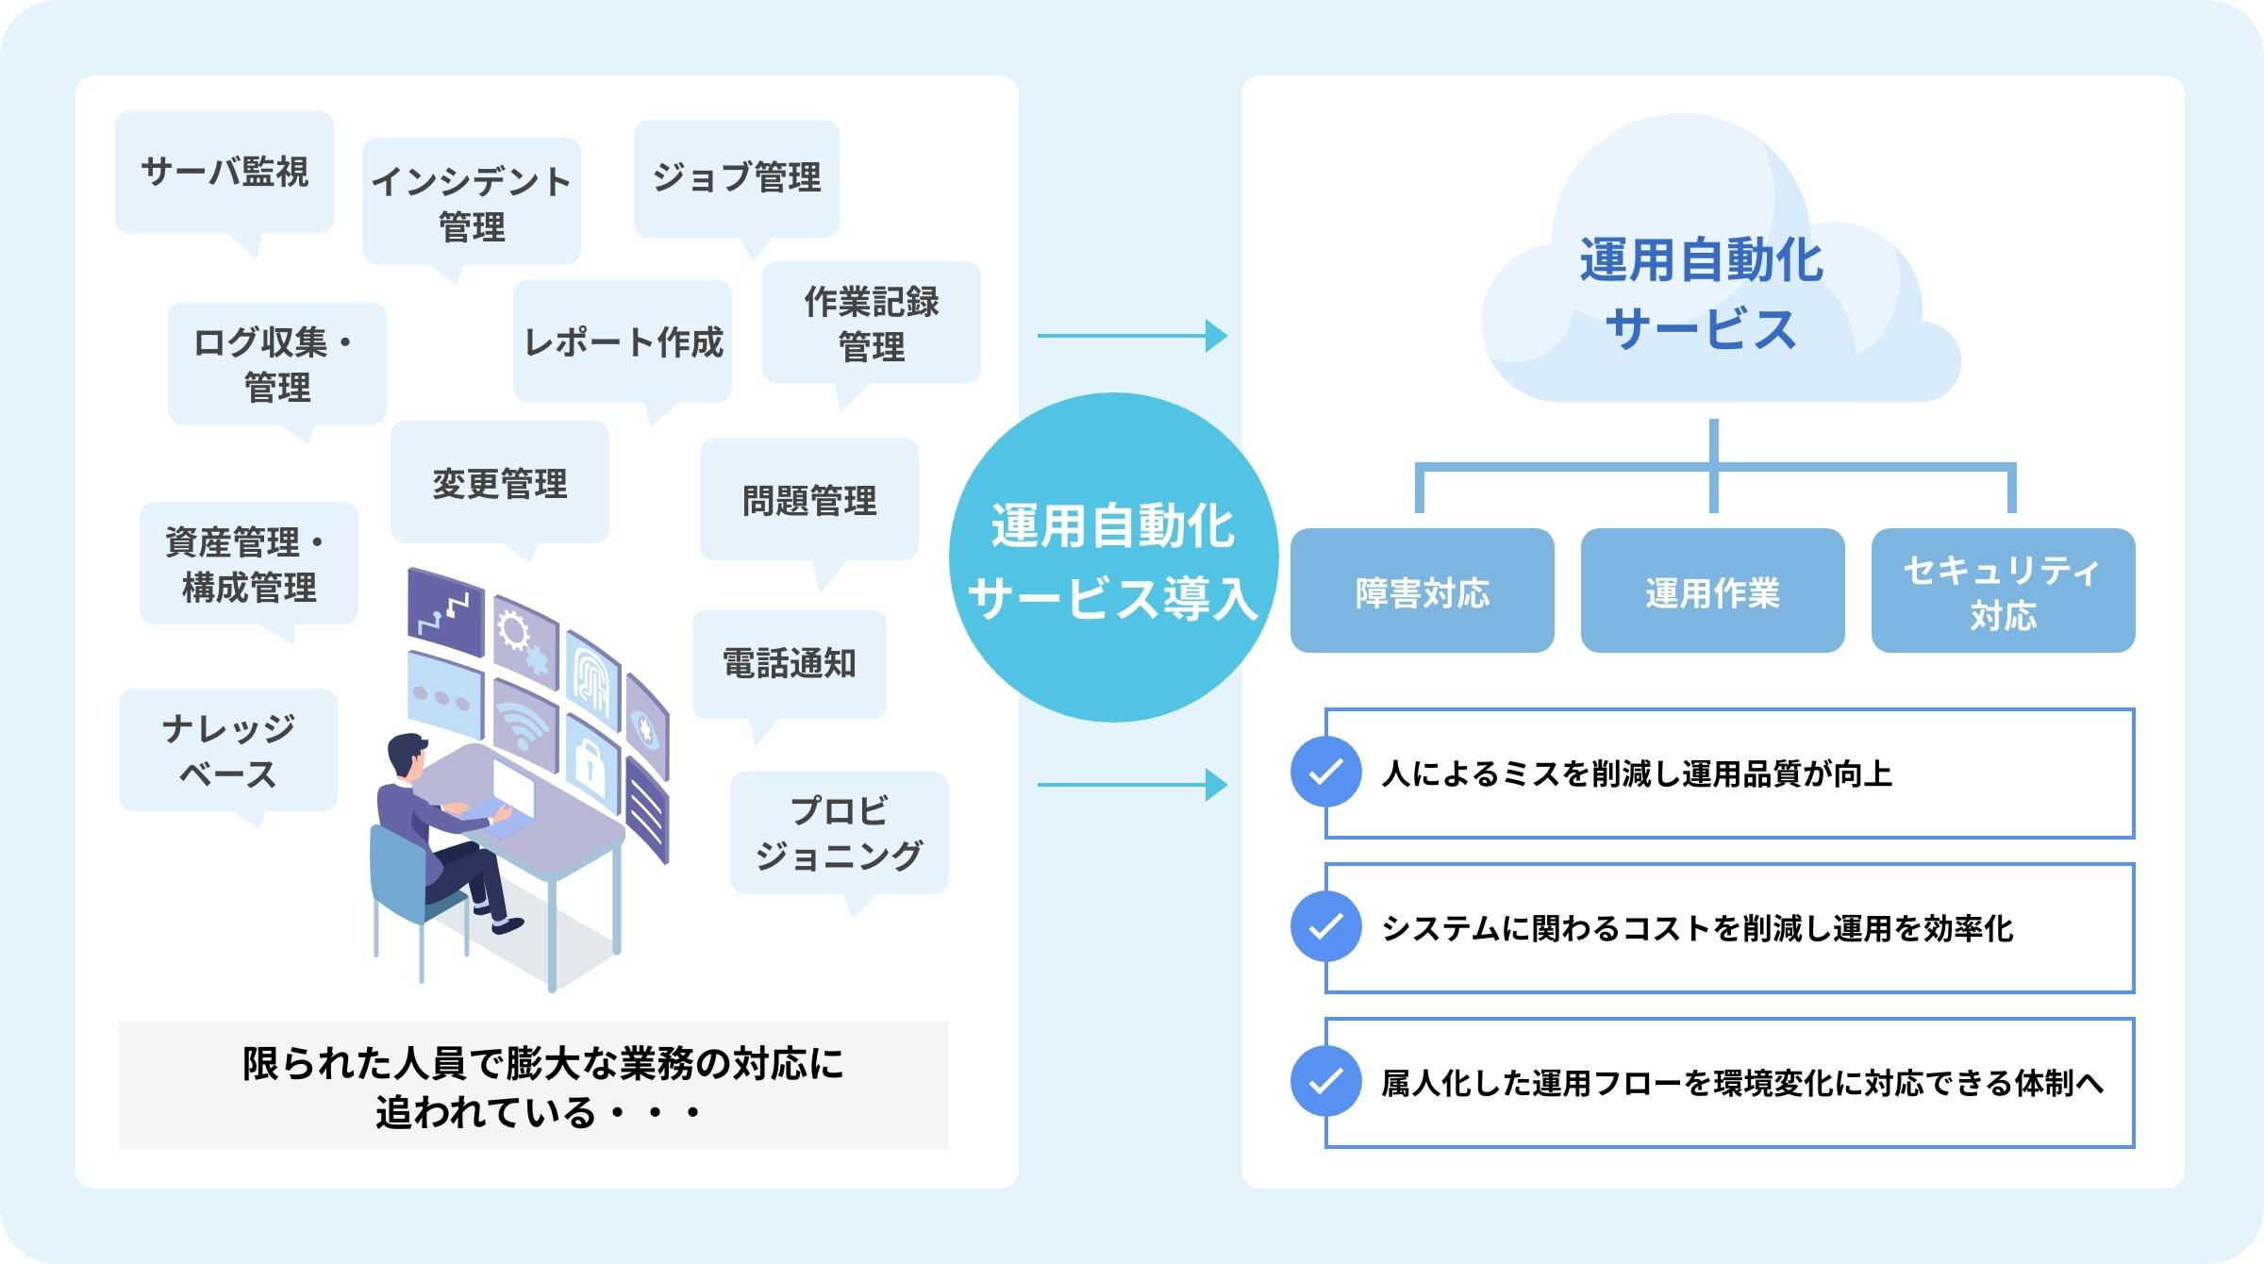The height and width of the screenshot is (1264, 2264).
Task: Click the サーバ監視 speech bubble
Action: tap(225, 172)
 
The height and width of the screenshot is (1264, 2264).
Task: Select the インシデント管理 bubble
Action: tap(472, 202)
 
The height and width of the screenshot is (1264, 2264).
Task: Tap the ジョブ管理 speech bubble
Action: tap(736, 177)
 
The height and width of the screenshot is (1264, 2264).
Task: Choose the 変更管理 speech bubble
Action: tap(500, 483)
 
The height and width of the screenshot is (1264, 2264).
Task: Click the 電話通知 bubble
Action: tap(789, 664)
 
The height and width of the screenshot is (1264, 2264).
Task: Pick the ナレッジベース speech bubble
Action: tap(228, 751)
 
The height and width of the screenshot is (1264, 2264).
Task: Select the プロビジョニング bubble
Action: tap(839, 833)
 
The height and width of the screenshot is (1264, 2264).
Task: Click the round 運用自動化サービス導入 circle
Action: tap(1113, 558)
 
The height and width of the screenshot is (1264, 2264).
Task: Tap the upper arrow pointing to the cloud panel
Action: tap(1132, 336)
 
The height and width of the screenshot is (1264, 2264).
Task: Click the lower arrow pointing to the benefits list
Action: tap(1132, 784)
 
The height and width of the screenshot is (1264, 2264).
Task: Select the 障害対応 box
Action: tap(1422, 591)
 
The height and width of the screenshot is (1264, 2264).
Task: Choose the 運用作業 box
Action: tap(1712, 591)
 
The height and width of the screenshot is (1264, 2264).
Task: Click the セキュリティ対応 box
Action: tap(2003, 591)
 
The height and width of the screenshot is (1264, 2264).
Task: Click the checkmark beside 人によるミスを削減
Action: tap(1326, 773)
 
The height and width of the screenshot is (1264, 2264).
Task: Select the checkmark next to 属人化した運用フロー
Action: tap(1326, 1081)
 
